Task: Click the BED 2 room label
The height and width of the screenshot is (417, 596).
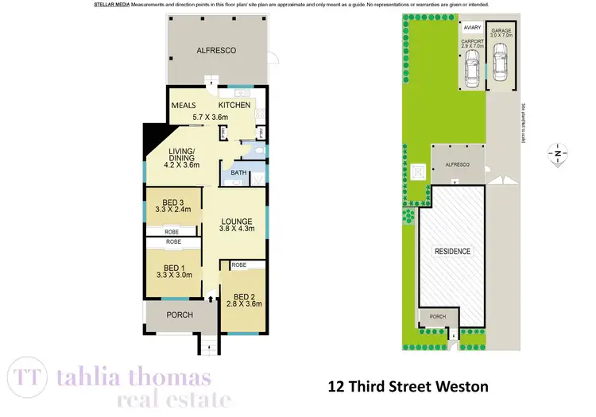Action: click(243, 295)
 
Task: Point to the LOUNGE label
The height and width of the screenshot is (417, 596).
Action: click(237, 222)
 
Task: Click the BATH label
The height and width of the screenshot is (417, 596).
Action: click(238, 172)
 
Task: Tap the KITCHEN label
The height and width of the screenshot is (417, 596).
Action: click(234, 105)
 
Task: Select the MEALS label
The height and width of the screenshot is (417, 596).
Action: click(184, 105)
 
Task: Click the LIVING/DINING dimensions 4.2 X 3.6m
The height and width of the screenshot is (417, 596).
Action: click(181, 165)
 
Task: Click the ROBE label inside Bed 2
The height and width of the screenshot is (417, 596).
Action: click(239, 264)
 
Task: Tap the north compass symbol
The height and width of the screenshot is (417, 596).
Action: click(559, 153)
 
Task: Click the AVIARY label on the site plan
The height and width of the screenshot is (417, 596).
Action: click(472, 27)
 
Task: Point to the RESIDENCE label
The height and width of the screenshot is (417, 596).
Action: click(451, 252)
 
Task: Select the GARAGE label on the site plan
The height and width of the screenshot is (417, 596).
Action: click(501, 30)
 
